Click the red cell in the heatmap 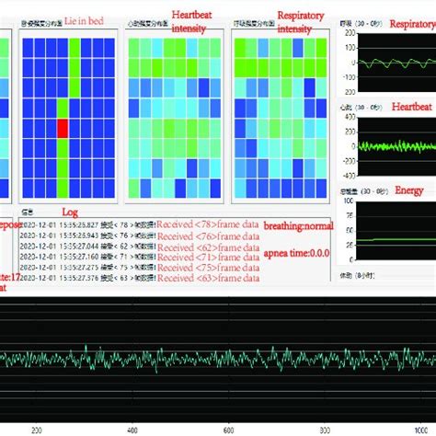coord(63,128)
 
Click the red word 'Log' coord(70,212)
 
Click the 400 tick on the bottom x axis coord(132,429)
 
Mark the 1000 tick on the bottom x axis coord(420,429)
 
